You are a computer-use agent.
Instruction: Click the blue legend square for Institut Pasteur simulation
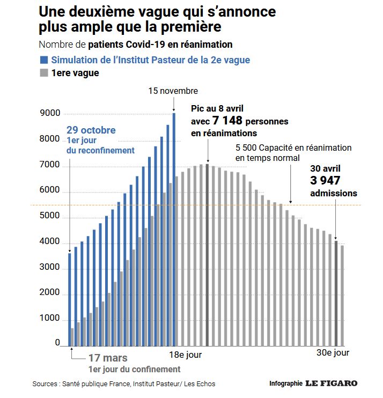[43, 60]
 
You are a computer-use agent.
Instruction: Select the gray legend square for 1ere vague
[43, 73]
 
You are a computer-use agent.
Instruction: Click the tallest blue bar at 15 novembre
[174, 225]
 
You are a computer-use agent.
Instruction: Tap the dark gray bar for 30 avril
[336, 293]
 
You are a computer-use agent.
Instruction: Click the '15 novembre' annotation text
[173, 91]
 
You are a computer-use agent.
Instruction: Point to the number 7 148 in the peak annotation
[227, 121]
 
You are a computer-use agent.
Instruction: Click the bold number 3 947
[325, 181]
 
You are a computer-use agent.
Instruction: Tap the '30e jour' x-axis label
[332, 353]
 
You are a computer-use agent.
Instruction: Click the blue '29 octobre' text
[91, 130]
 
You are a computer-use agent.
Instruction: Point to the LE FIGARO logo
[331, 384]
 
